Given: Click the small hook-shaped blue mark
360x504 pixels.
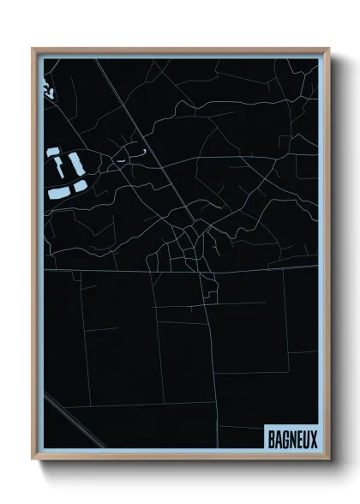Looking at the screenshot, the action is tap(142, 153).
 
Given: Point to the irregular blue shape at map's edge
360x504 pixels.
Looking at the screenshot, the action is tap(47, 89).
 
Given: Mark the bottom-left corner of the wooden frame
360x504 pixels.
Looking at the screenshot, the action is tap(33, 459).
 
